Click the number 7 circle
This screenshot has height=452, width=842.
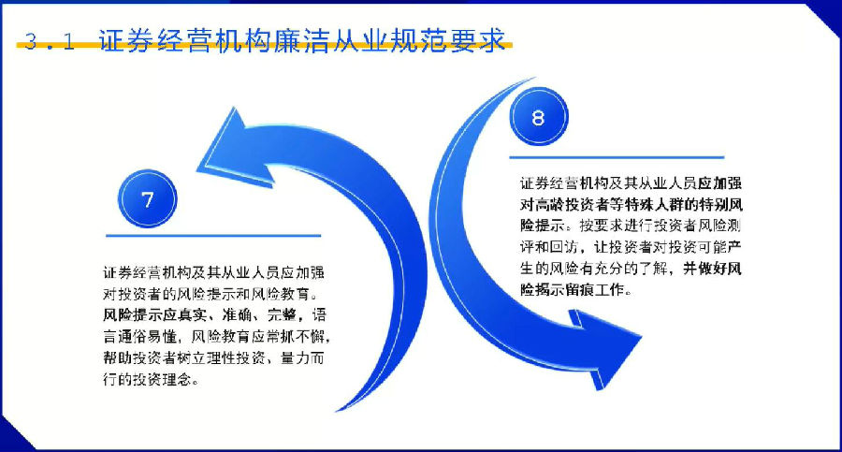point(147,198)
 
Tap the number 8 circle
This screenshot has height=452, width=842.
point(539,116)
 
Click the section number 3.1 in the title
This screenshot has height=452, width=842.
point(50,41)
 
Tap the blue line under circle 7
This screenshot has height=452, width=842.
point(213,236)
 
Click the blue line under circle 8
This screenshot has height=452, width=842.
point(617,157)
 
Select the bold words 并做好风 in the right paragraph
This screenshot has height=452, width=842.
point(712,269)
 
